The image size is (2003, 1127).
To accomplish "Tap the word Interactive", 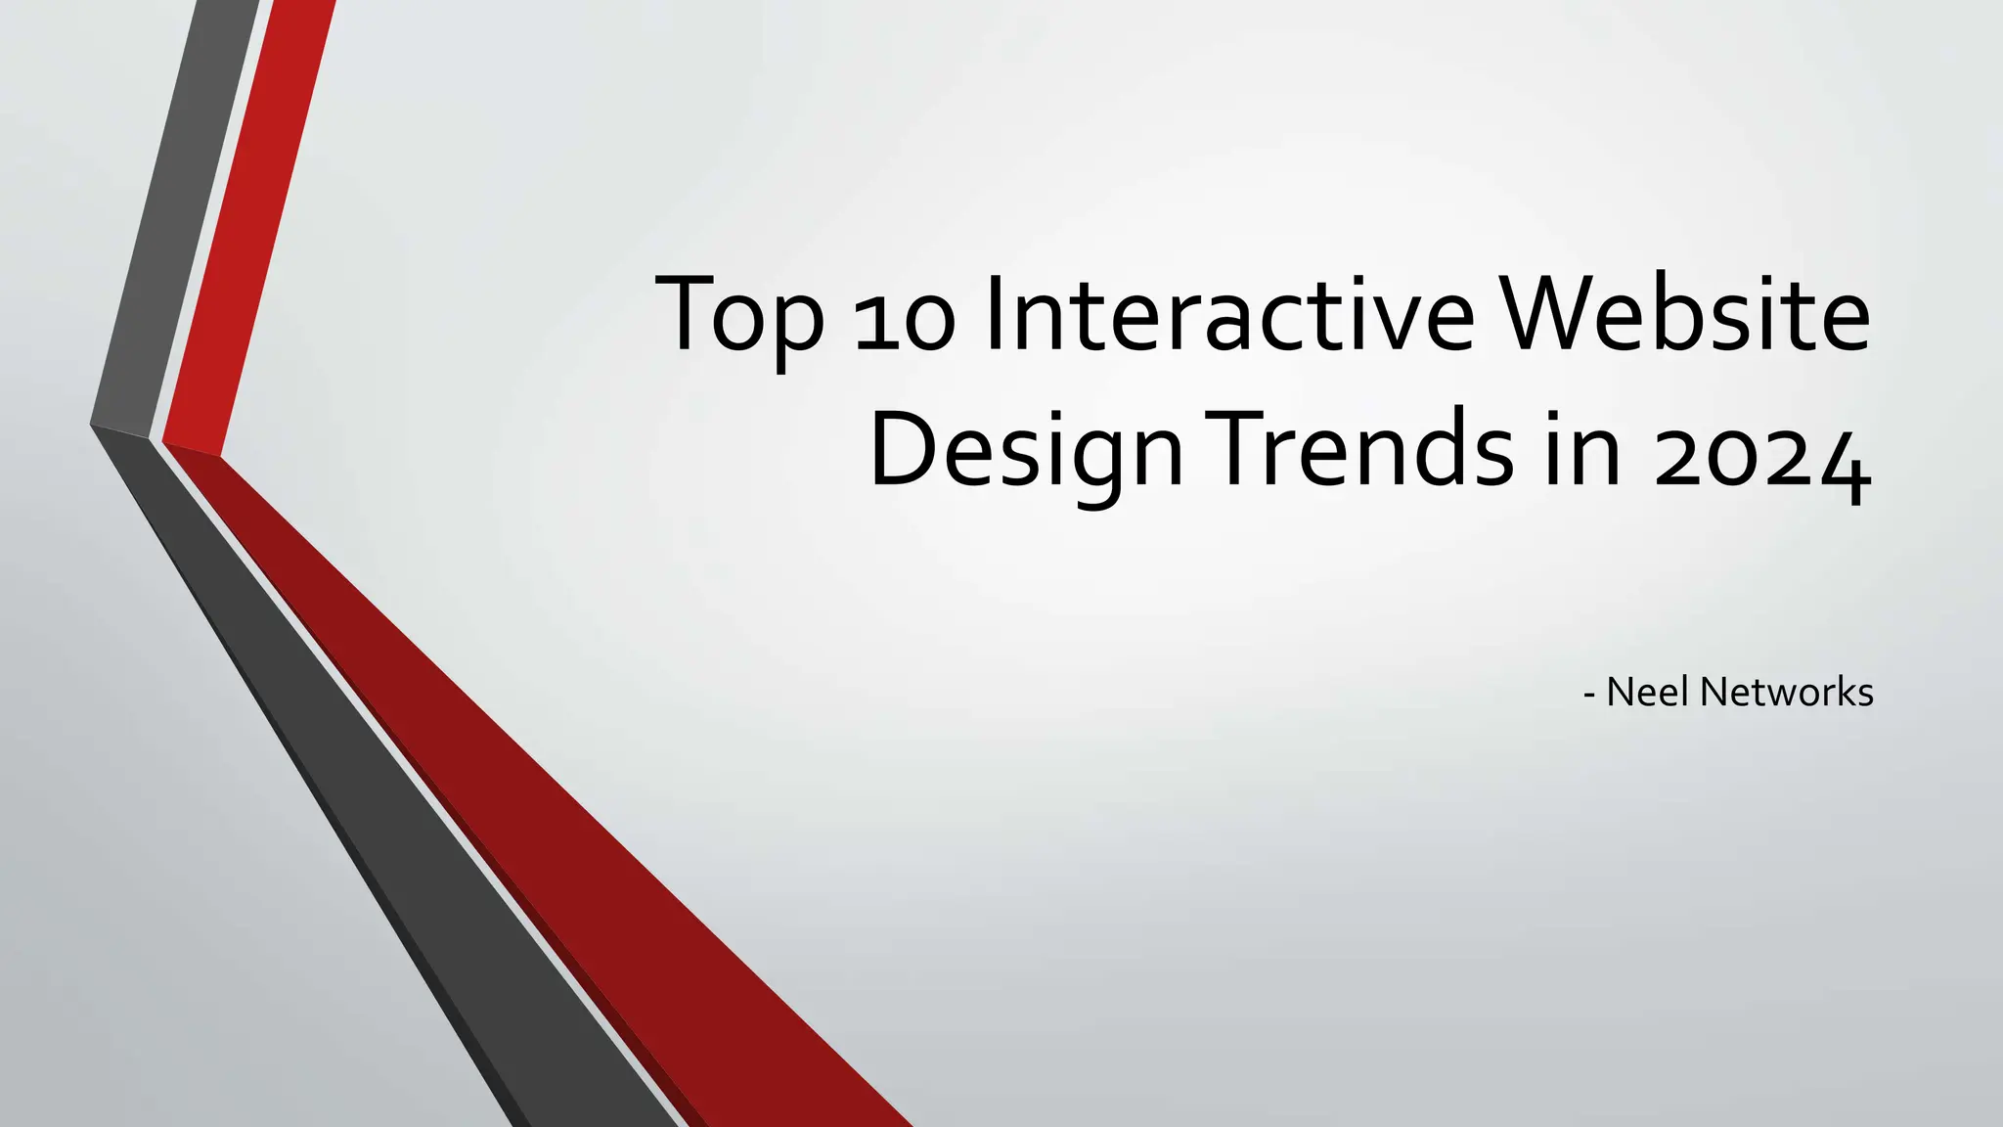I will (1228, 315).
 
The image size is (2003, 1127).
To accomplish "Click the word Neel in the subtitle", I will (1648, 692).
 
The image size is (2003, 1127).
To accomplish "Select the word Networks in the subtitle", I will (1787, 692).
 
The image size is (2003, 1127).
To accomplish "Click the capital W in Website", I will (1551, 315).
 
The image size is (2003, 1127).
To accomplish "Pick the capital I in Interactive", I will (995, 315).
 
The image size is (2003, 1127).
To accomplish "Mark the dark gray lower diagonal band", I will (411, 832).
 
